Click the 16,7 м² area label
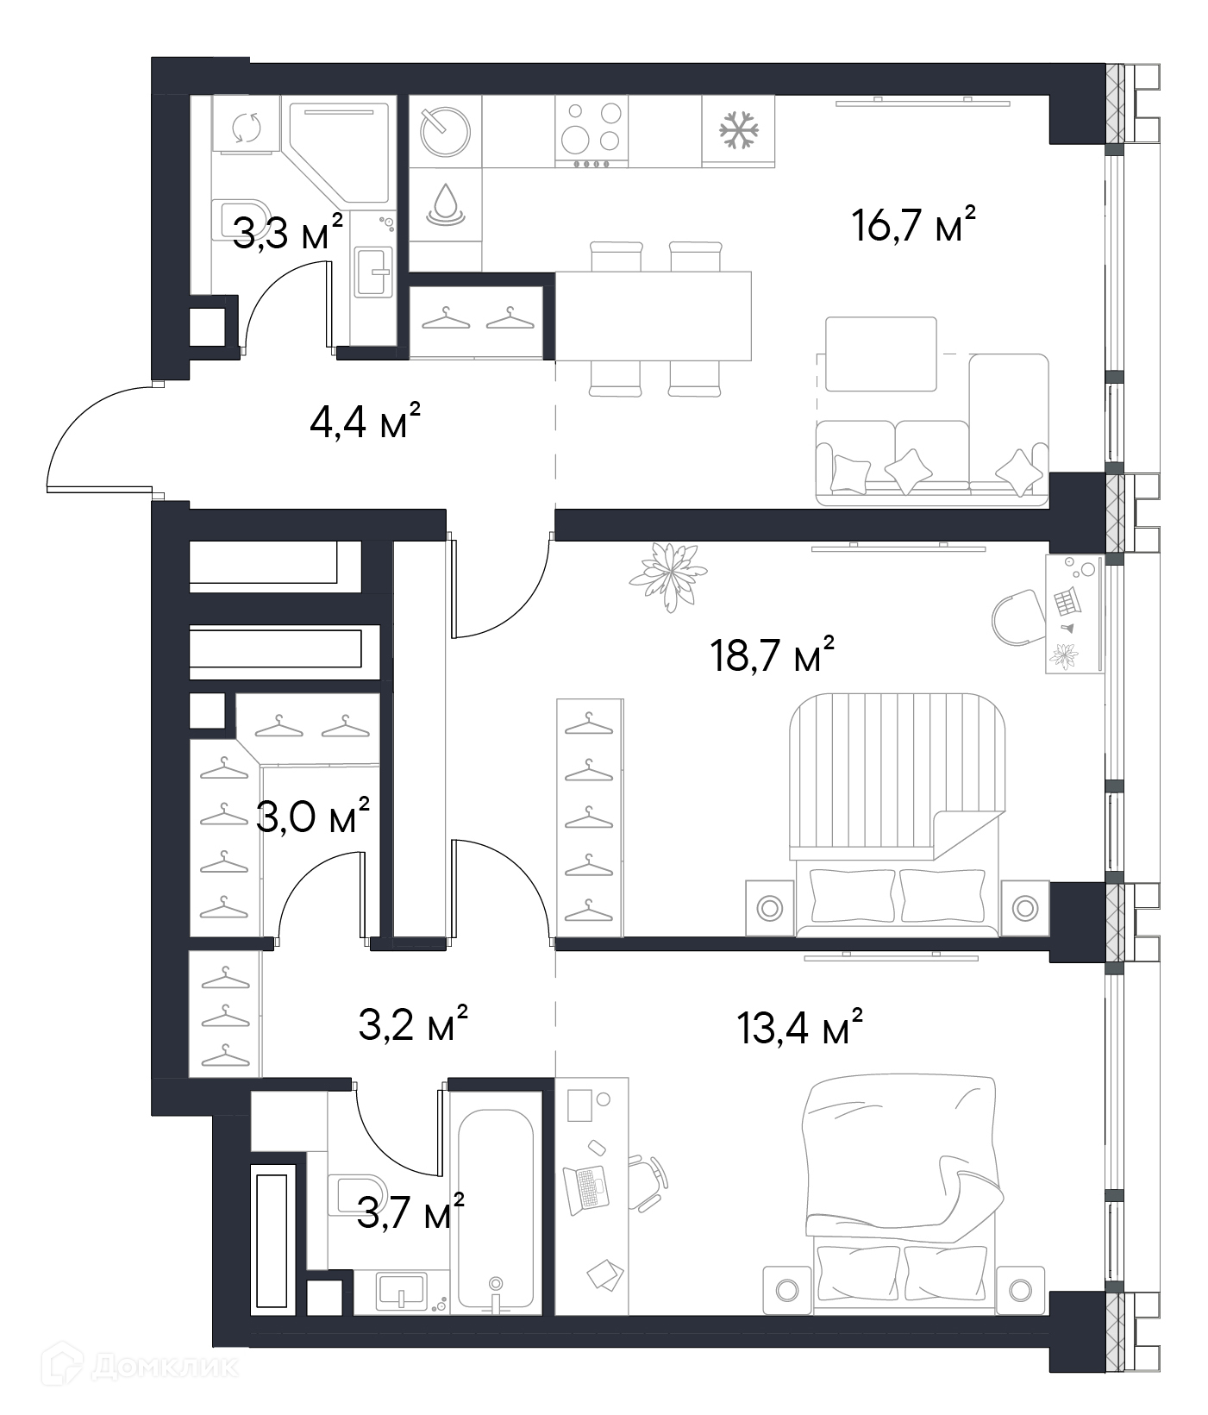point(914,226)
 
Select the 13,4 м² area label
point(800,1027)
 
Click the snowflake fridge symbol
point(739,130)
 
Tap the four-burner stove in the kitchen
point(591,131)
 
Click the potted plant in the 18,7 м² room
point(667,575)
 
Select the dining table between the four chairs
point(653,316)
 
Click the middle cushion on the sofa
point(910,471)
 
